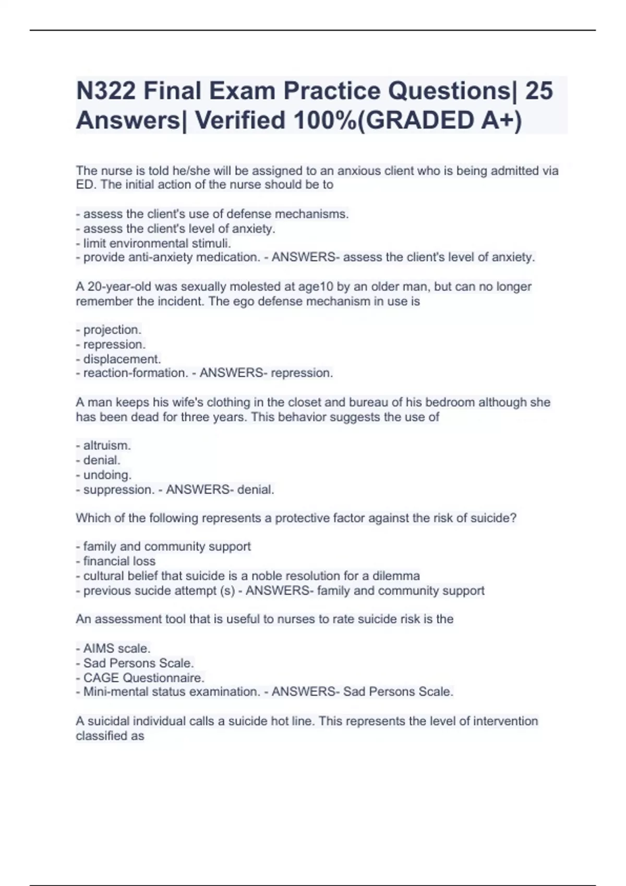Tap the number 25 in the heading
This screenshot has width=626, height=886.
(539, 91)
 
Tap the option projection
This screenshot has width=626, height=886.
(112, 330)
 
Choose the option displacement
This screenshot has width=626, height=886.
(122, 359)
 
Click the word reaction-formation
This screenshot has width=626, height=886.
(135, 373)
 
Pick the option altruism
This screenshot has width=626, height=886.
(107, 446)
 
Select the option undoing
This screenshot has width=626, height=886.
(107, 475)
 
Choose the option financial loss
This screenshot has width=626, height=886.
(119, 561)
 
